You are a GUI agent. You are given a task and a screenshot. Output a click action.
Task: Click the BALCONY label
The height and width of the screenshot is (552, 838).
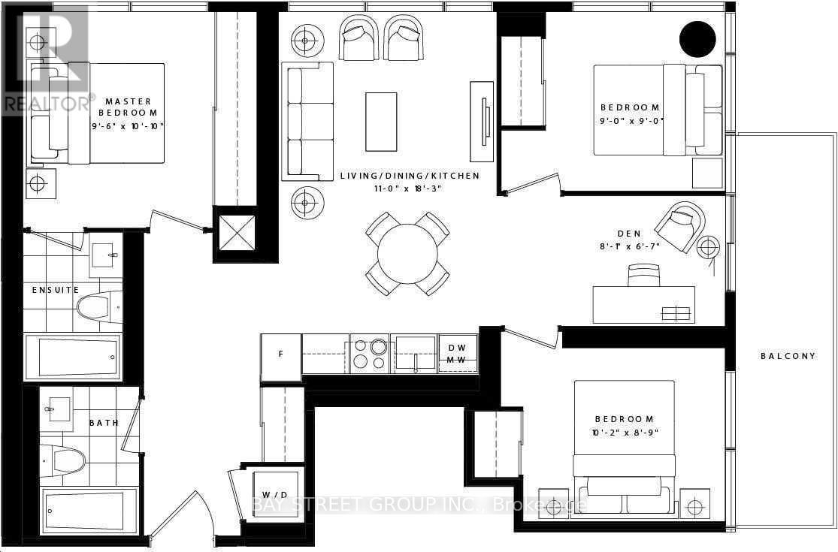pyautogui.click(x=787, y=356)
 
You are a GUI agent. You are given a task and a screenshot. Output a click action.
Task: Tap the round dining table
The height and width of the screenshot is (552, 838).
pyautogui.click(x=407, y=252)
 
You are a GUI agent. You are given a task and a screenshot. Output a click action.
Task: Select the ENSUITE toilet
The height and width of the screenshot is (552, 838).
pyautogui.click(x=98, y=305)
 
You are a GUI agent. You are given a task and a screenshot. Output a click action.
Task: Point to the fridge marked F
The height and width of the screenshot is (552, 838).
pyautogui.click(x=280, y=354)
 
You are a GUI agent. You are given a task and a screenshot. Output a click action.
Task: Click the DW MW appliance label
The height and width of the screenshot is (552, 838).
pyautogui.click(x=457, y=354)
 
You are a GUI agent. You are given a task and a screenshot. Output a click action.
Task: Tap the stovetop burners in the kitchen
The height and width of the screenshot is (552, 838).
pyautogui.click(x=368, y=353)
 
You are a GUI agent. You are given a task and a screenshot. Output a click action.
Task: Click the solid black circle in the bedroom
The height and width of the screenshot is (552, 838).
pyautogui.click(x=697, y=38)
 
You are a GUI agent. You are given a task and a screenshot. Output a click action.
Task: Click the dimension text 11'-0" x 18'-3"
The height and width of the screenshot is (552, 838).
pyautogui.click(x=410, y=189)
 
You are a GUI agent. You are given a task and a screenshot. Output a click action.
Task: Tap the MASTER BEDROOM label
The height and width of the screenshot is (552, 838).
pyautogui.click(x=129, y=106)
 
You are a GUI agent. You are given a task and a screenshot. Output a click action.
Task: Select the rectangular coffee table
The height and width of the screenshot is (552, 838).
pyautogui.click(x=381, y=121)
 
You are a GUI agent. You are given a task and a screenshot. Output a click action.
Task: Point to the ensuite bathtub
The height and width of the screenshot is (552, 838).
pyautogui.click(x=72, y=356)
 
